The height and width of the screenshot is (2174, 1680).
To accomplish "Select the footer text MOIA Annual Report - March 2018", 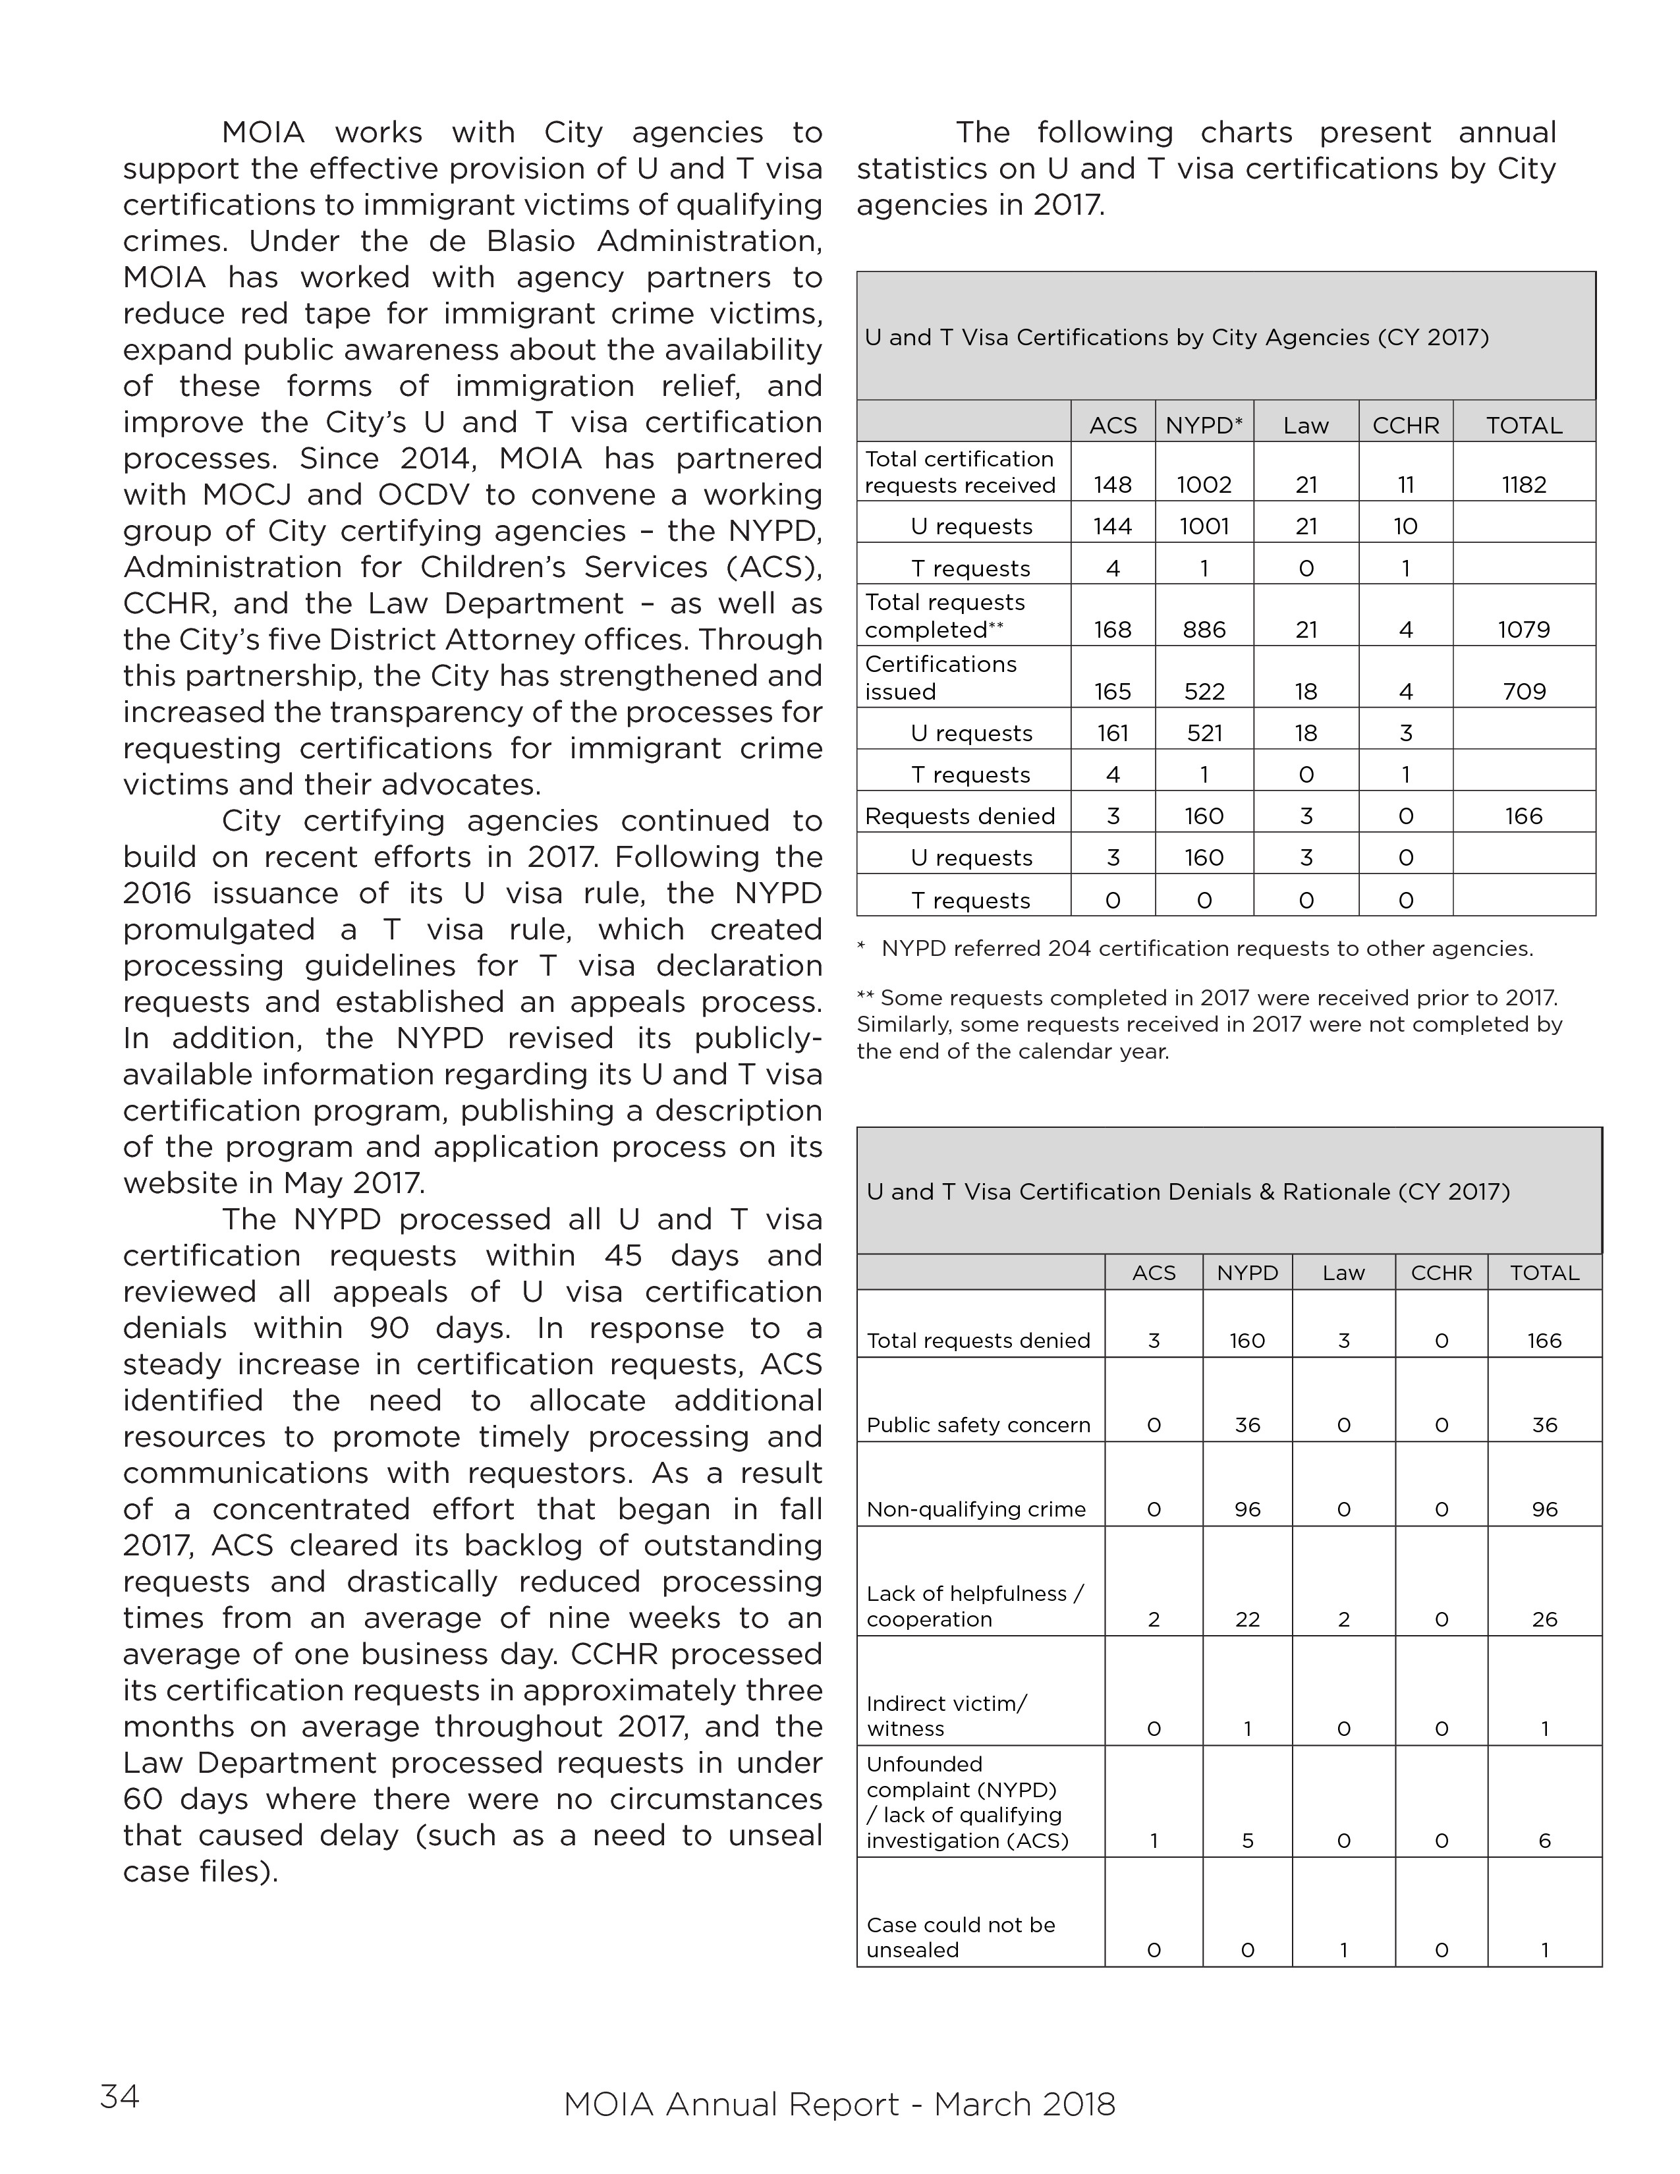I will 839,2104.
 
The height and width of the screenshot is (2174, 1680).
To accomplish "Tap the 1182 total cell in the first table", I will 1524,485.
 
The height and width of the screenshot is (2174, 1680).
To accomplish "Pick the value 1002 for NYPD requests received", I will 1203,485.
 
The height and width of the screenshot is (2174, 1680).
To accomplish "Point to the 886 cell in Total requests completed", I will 1203,629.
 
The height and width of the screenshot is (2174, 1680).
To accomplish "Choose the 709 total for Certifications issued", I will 1524,691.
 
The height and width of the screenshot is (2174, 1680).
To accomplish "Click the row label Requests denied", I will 959,816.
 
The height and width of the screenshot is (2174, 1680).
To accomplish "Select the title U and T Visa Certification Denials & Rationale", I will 1187,1192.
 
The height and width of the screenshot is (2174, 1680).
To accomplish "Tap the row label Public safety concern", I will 978,1424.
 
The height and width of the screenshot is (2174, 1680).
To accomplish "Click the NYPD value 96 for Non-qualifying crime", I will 1247,1509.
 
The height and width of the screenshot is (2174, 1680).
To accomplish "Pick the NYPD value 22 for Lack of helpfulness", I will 1247,1619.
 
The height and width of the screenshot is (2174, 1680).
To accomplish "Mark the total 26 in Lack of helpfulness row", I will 1544,1619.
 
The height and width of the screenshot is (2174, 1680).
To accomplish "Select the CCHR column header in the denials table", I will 1440,1272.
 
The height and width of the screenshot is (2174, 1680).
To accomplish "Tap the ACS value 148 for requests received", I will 1113,485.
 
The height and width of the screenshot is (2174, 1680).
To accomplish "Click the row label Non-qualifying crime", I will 975,1509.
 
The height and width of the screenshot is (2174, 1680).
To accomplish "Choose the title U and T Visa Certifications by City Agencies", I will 1177,337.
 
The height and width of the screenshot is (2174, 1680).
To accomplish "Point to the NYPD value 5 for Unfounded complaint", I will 1247,1841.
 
